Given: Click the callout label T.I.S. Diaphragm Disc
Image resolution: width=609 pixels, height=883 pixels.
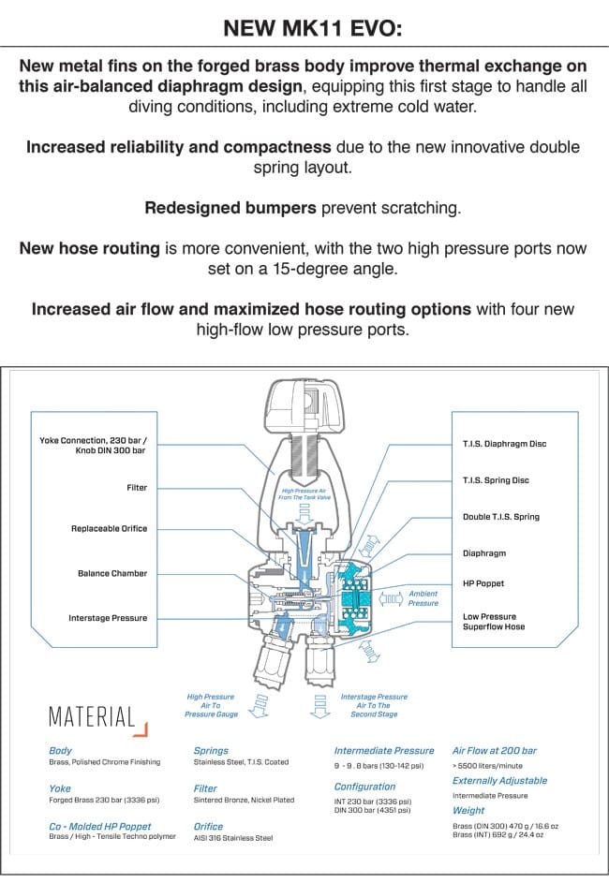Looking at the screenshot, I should [504, 444].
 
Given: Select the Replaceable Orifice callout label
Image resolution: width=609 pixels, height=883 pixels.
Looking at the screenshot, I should [109, 529].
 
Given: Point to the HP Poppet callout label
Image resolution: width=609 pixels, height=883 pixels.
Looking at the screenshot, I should [483, 583].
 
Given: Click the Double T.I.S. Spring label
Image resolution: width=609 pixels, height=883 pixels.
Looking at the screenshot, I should [501, 517].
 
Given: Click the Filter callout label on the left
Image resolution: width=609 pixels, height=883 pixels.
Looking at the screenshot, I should [137, 488].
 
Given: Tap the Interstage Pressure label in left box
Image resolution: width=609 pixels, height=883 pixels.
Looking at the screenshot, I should [108, 618].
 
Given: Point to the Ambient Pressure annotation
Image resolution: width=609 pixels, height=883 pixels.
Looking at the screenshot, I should [423, 598].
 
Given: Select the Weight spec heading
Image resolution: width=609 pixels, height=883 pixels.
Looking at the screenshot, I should [468, 811].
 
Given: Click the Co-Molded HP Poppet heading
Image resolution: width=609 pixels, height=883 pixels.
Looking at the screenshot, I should [99, 827].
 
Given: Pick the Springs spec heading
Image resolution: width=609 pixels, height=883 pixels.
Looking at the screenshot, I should [210, 751].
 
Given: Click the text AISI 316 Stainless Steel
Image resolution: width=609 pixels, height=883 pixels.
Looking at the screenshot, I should [232, 838].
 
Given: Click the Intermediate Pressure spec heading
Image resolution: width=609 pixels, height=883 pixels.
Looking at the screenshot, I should [384, 751].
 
